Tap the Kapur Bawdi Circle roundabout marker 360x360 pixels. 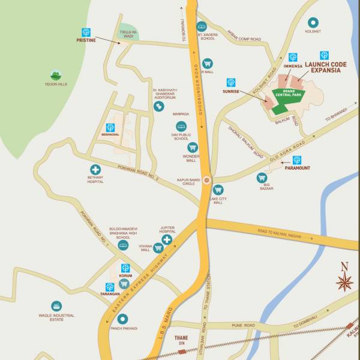coord(207,179)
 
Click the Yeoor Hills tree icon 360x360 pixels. coord(55,76)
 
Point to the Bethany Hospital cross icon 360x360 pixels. coord(95,170)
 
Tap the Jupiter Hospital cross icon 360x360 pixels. coord(167,239)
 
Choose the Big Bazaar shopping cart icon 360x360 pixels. coord(262,178)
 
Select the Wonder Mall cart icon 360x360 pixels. coord(193,147)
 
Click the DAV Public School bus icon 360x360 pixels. coord(181,127)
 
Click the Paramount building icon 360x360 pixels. coord(296,160)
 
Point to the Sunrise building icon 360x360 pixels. coord(231,82)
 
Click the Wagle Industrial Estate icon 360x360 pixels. coord(56,306)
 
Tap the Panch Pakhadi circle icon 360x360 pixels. coord(122,319)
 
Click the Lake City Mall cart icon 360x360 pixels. coord(218,190)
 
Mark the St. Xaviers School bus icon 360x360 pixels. coord(202,26)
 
